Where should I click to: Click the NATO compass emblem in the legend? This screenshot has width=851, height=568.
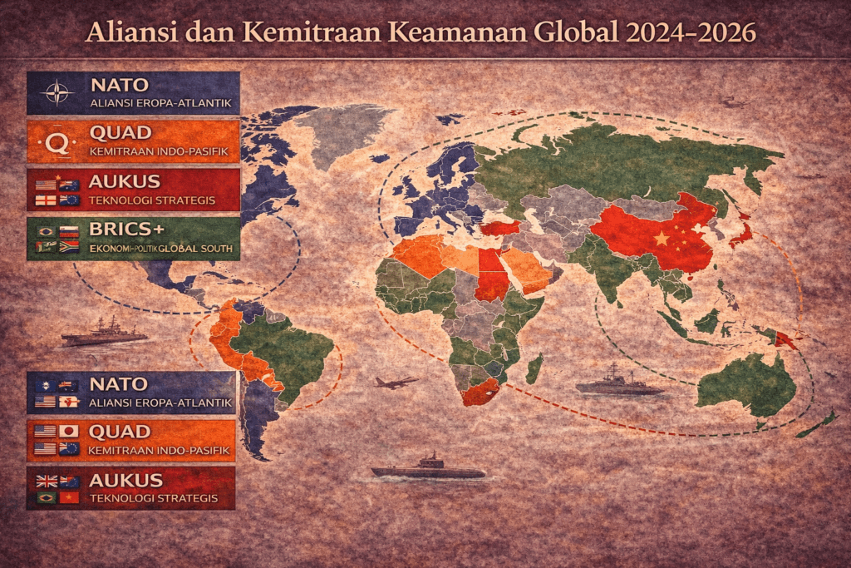pyautogui.click(x=57, y=92)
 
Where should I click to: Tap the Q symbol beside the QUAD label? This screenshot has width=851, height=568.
pyautogui.click(x=57, y=142)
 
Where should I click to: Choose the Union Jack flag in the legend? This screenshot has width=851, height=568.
pyautogui.click(x=46, y=481)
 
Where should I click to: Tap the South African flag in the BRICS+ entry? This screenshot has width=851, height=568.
pyautogui.click(x=68, y=246)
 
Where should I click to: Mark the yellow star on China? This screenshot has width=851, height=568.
pyautogui.click(x=662, y=239)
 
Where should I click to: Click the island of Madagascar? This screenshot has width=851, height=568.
pyautogui.click(x=534, y=367)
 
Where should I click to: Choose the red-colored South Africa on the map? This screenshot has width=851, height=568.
pyautogui.click(x=480, y=391)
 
